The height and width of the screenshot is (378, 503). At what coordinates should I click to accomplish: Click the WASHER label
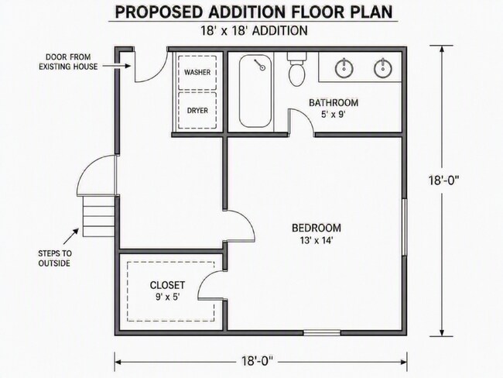coord(197,72)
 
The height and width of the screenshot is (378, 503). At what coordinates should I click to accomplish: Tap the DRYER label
coord(197,111)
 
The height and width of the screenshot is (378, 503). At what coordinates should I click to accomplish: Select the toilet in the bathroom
coord(296,70)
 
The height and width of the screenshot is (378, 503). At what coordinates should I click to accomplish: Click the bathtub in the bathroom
coord(255,91)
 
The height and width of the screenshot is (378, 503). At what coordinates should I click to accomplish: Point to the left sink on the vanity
coord(344,68)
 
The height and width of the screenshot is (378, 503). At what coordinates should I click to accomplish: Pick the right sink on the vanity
coord(383,68)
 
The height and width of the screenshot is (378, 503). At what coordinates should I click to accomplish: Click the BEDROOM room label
coord(317,228)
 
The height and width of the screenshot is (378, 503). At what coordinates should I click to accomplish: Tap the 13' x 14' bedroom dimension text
coord(317,240)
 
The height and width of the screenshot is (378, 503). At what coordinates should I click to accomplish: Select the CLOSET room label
coord(167,285)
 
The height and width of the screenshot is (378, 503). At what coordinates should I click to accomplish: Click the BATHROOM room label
coord(334,103)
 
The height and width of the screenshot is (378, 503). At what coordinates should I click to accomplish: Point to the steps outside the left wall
coord(99,216)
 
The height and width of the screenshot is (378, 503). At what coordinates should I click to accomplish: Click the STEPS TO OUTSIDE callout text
coord(54,258)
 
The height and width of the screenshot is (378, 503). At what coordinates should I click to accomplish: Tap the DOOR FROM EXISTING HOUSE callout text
coord(68,62)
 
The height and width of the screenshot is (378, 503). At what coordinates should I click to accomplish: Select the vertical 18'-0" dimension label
coord(444,180)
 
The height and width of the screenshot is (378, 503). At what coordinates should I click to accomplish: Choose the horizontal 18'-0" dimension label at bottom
coord(257,361)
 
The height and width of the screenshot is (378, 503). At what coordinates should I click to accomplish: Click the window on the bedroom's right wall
coord(405,228)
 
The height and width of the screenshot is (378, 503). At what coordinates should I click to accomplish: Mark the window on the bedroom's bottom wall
coord(322,333)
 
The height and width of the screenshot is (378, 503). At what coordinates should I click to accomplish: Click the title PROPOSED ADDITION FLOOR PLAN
coord(253,12)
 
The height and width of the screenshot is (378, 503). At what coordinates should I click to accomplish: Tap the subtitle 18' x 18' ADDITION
coord(254,31)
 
